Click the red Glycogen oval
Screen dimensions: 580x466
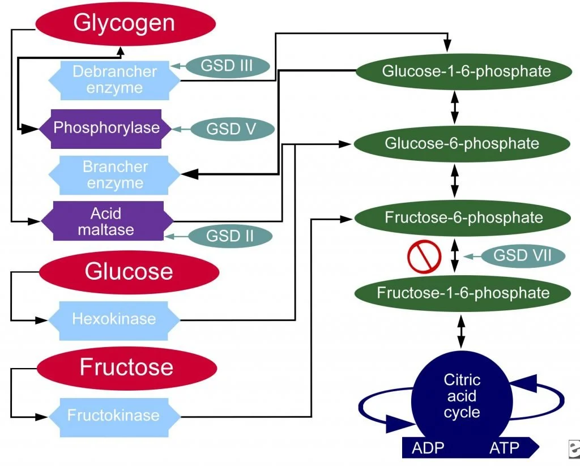tap(125, 24)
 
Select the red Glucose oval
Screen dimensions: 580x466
tap(129, 272)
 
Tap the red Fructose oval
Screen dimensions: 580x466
tap(127, 368)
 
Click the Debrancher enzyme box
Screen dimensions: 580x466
tap(114, 80)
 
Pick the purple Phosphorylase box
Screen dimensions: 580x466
tap(106, 129)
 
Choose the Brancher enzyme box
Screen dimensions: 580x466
tap(114, 175)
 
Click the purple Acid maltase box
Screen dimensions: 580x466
tap(107, 221)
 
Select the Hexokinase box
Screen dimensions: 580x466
tap(114, 320)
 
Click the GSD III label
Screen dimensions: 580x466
tap(228, 66)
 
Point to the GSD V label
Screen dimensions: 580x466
tap(232, 129)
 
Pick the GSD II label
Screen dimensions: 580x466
tap(230, 236)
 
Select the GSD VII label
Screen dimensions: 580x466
tap(523, 255)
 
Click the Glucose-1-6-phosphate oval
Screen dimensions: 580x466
tap(464, 71)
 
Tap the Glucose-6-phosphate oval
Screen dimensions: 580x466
tap(462, 144)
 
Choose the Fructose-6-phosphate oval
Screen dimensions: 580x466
tap(463, 218)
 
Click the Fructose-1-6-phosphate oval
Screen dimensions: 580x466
tap(463, 293)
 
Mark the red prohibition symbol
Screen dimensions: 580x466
tap(424, 256)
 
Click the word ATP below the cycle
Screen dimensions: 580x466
tap(504, 448)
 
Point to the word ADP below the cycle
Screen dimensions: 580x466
tap(428, 448)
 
